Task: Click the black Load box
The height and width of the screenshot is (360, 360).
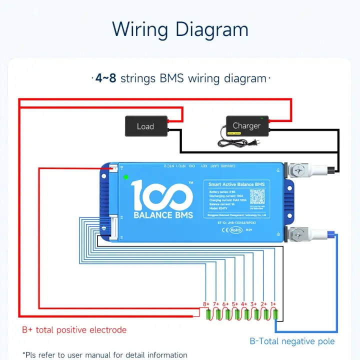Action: click(145, 126)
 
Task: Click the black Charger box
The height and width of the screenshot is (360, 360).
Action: click(247, 125)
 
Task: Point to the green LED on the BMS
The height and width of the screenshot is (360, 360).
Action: click(125, 176)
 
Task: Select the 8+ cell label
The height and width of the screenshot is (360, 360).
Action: click(205, 304)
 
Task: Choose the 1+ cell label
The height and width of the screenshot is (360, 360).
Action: click(273, 304)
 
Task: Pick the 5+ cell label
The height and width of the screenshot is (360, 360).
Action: click(234, 304)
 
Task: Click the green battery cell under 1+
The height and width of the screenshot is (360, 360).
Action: click(275, 315)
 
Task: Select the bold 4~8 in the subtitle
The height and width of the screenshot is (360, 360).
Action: click(106, 78)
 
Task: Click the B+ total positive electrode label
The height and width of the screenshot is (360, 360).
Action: click(74, 330)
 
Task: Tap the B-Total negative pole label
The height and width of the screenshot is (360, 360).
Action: click(292, 341)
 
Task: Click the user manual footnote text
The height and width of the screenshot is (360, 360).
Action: click(105, 355)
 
